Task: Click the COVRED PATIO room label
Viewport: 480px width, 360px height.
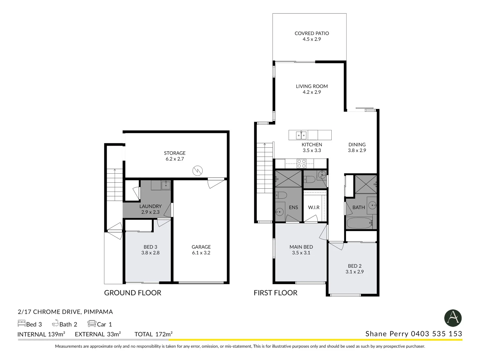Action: (312, 33)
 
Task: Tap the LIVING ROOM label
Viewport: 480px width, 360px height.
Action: (312, 86)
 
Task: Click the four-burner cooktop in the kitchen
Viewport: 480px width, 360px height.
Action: (301, 163)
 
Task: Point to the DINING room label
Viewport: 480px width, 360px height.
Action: (357, 145)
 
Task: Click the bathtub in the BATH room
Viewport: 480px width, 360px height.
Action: (359, 223)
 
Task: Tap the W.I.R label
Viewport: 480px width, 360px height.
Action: (314, 207)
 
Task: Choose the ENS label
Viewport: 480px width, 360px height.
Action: (293, 207)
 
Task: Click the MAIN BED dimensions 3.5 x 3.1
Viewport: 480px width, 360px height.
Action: (301, 253)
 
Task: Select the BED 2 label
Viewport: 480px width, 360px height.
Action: (355, 266)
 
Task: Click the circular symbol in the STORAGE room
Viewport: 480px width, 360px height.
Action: (197, 171)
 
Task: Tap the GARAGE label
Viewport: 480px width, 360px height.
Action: (201, 247)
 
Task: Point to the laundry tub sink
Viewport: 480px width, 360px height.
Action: (166, 185)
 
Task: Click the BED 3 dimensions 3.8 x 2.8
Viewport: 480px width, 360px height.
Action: (150, 253)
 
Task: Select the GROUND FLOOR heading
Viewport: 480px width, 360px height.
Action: (133, 293)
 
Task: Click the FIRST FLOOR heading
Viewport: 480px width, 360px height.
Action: (275, 293)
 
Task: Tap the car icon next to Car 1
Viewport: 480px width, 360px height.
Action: (92, 323)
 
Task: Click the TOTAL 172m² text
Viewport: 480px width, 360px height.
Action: (153, 334)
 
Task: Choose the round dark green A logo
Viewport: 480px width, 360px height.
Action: (453, 318)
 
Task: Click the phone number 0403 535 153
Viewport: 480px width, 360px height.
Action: (436, 334)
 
